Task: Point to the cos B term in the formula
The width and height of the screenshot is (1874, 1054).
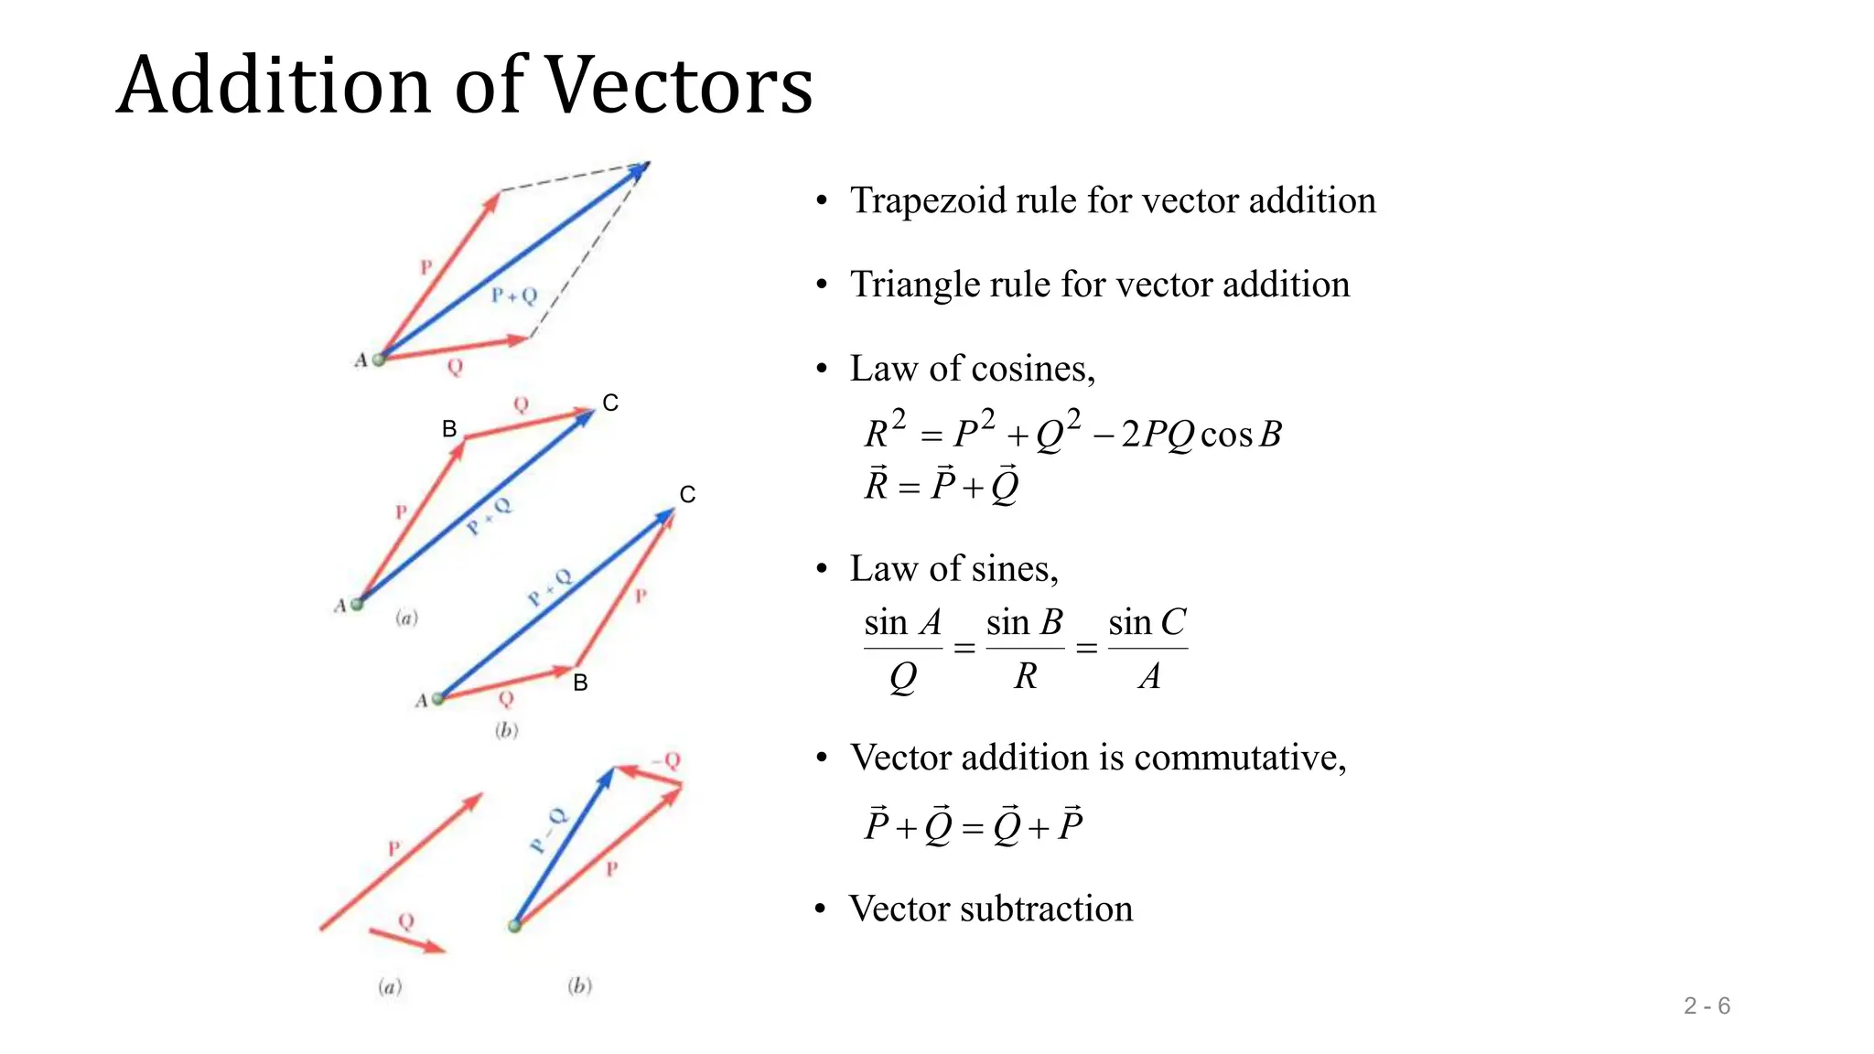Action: pos(1241,434)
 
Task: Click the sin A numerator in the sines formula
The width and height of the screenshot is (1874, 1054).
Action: pos(902,623)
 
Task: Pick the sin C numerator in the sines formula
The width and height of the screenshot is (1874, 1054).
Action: pos(1147,623)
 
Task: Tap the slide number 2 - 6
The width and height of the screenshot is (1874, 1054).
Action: pos(1707,1006)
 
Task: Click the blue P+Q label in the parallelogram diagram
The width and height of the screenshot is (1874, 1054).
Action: pos(513,295)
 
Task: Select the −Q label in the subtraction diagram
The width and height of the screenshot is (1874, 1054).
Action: pos(667,760)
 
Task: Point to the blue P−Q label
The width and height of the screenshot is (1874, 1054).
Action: pos(548,829)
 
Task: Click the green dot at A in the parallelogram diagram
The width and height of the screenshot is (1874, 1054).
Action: pos(379,360)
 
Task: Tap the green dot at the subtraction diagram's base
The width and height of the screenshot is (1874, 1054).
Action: pos(514,926)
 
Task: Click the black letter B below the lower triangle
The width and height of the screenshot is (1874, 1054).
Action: pos(580,683)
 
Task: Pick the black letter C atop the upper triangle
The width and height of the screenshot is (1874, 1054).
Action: pos(610,403)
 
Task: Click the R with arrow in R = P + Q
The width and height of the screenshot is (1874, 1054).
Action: pos(877,485)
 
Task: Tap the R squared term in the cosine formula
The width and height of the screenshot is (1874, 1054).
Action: pos(884,430)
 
